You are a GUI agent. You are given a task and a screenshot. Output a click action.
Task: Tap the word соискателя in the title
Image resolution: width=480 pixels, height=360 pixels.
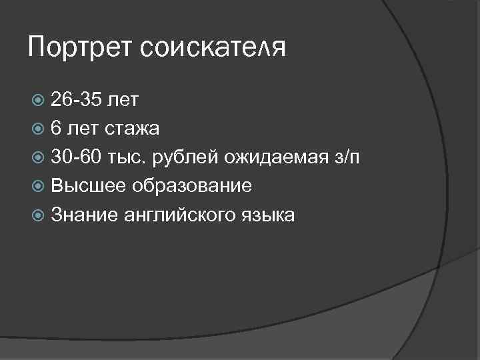(x=212, y=49)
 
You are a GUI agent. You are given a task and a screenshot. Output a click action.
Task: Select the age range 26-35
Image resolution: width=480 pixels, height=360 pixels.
(x=77, y=100)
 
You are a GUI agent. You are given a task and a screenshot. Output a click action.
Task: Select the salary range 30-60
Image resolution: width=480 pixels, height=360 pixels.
(x=77, y=157)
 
